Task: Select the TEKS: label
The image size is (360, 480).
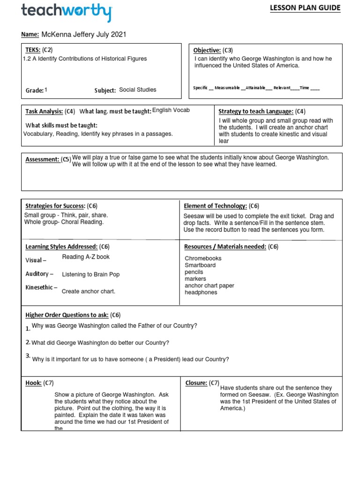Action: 32,50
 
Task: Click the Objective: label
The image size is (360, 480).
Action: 207,50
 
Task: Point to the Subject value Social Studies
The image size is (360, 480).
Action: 138,90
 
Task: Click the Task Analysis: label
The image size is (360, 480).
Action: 44,111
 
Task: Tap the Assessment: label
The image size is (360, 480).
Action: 42,159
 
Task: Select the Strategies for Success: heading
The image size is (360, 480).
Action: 55,206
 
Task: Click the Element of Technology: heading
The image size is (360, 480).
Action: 216,206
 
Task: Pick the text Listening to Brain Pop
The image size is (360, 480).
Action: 90,274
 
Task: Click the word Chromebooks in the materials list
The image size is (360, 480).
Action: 203,258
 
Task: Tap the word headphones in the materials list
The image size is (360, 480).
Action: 201,292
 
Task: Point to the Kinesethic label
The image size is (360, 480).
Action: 41,287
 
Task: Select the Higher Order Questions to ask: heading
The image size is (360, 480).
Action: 67,315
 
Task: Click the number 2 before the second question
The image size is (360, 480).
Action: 28,342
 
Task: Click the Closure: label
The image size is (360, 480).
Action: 196,383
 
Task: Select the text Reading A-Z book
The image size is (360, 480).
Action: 86,257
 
